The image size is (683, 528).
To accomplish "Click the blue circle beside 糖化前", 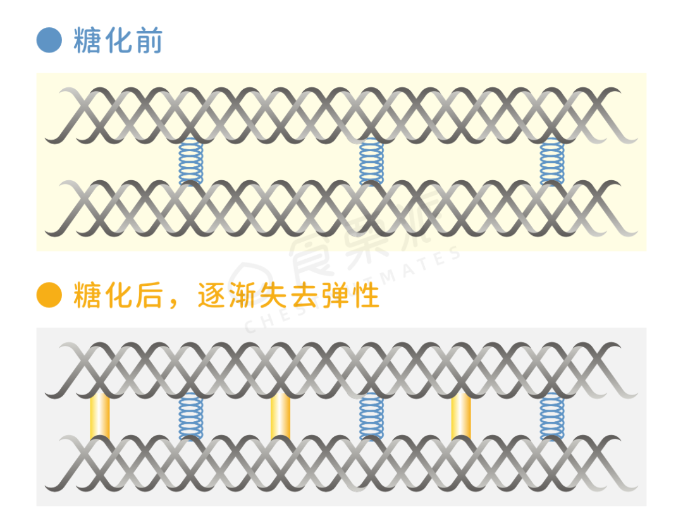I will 49,40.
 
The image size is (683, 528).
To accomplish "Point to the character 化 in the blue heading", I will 118,40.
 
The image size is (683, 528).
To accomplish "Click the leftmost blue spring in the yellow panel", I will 190,162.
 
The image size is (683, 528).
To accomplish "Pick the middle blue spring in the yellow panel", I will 371,162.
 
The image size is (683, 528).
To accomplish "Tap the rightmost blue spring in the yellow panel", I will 551,162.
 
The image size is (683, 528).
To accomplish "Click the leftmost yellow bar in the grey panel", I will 100,416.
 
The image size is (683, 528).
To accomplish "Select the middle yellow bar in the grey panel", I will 280,416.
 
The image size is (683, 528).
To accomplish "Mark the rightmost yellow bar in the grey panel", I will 461,416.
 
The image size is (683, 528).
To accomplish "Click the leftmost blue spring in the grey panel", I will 190,416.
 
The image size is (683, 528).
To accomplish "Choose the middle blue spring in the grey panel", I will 371,416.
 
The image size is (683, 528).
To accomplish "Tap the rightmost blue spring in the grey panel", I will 551,416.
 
